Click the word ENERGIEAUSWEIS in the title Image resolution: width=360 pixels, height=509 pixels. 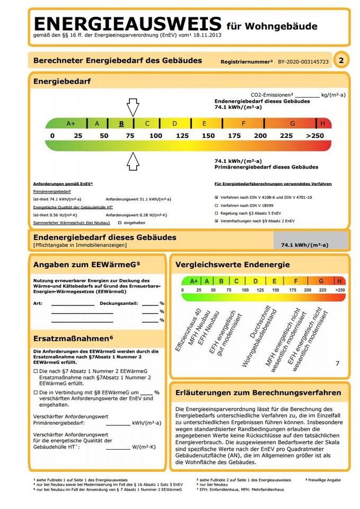click(x=127, y=24)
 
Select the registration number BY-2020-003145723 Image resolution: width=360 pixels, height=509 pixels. click(x=303, y=62)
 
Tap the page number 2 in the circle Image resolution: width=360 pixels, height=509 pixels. click(x=341, y=61)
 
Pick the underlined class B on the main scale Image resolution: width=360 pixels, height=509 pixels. click(x=121, y=124)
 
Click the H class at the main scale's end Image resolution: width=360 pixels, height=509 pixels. click(x=323, y=124)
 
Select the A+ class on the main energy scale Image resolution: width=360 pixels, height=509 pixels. click(x=71, y=124)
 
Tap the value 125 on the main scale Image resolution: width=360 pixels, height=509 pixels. click(x=182, y=136)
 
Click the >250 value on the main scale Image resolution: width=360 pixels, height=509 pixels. click(x=315, y=136)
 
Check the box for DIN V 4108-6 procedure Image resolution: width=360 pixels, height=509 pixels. click(x=216, y=197)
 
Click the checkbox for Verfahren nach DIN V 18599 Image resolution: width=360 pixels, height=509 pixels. click(x=216, y=205)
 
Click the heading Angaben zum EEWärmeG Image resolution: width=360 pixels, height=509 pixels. click(x=86, y=265)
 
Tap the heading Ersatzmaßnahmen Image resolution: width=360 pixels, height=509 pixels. click(x=73, y=338)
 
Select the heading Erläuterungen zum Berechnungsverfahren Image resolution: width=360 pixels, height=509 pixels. click(x=258, y=392)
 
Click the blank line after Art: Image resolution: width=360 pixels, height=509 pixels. click(x=73, y=305)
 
